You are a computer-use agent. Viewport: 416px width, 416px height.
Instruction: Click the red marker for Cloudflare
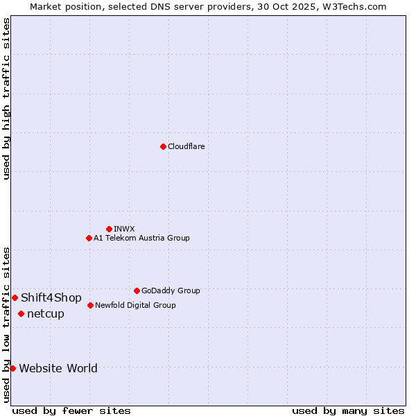click(163, 146)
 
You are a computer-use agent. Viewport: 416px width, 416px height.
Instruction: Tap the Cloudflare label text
click(186, 146)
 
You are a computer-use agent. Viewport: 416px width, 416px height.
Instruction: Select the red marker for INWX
click(109, 229)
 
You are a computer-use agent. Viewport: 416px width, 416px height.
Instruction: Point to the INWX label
click(124, 229)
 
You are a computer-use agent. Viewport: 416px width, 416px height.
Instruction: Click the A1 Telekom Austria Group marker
click(89, 238)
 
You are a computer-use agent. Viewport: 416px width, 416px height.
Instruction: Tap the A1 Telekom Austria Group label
click(141, 238)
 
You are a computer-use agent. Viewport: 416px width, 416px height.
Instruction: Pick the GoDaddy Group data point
click(137, 291)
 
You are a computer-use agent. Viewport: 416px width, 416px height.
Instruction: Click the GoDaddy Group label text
click(171, 291)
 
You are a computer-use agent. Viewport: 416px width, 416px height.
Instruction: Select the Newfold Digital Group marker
click(90, 305)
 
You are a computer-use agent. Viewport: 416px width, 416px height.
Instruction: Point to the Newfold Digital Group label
click(135, 305)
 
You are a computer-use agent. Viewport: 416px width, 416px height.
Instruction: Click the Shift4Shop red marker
click(15, 297)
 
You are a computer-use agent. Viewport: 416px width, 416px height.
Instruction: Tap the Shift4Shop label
click(51, 298)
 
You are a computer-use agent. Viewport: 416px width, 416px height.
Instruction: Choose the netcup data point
click(21, 313)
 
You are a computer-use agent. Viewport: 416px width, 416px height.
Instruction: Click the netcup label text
click(46, 314)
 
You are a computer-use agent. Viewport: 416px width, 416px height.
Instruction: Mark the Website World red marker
click(12, 368)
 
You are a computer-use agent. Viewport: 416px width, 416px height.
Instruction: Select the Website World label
click(58, 368)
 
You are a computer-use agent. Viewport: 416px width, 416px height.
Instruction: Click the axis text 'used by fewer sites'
click(71, 410)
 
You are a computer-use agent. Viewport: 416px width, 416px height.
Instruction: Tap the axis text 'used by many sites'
click(348, 410)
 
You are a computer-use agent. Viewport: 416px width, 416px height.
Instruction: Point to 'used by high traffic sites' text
click(6, 98)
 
